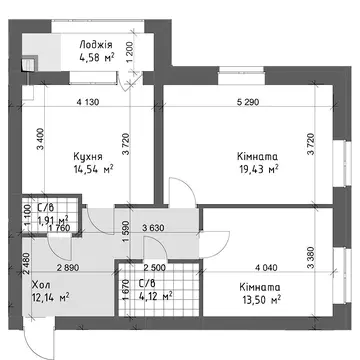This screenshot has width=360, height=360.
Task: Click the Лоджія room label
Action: point(96,45)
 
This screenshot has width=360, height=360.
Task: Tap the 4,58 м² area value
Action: point(95,57)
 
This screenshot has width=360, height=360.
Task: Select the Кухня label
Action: point(88,157)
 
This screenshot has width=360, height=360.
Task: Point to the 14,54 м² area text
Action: point(94,169)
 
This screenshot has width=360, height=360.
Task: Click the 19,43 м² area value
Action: point(259,169)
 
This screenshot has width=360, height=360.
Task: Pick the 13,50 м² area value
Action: point(260,300)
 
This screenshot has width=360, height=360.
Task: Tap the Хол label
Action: point(41,285)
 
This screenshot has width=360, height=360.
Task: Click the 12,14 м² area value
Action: point(50,297)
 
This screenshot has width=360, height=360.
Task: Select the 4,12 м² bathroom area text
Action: point(155,295)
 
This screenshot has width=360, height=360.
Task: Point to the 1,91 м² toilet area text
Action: point(53,220)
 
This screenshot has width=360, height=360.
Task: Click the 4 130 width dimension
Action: point(88,102)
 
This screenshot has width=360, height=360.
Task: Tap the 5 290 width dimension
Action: point(247,102)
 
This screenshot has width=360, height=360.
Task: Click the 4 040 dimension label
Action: point(266,267)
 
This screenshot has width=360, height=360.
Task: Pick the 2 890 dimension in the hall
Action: point(68,267)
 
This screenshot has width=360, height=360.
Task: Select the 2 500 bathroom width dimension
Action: point(154,267)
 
